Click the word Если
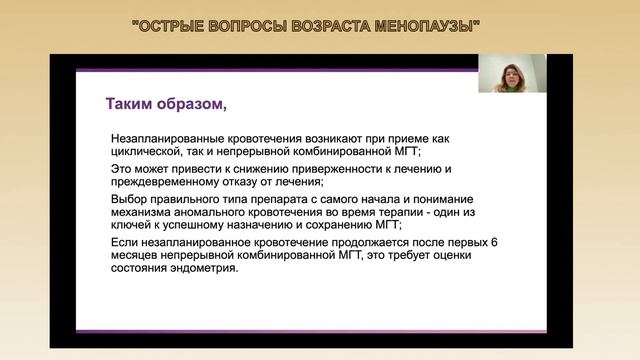125,245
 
